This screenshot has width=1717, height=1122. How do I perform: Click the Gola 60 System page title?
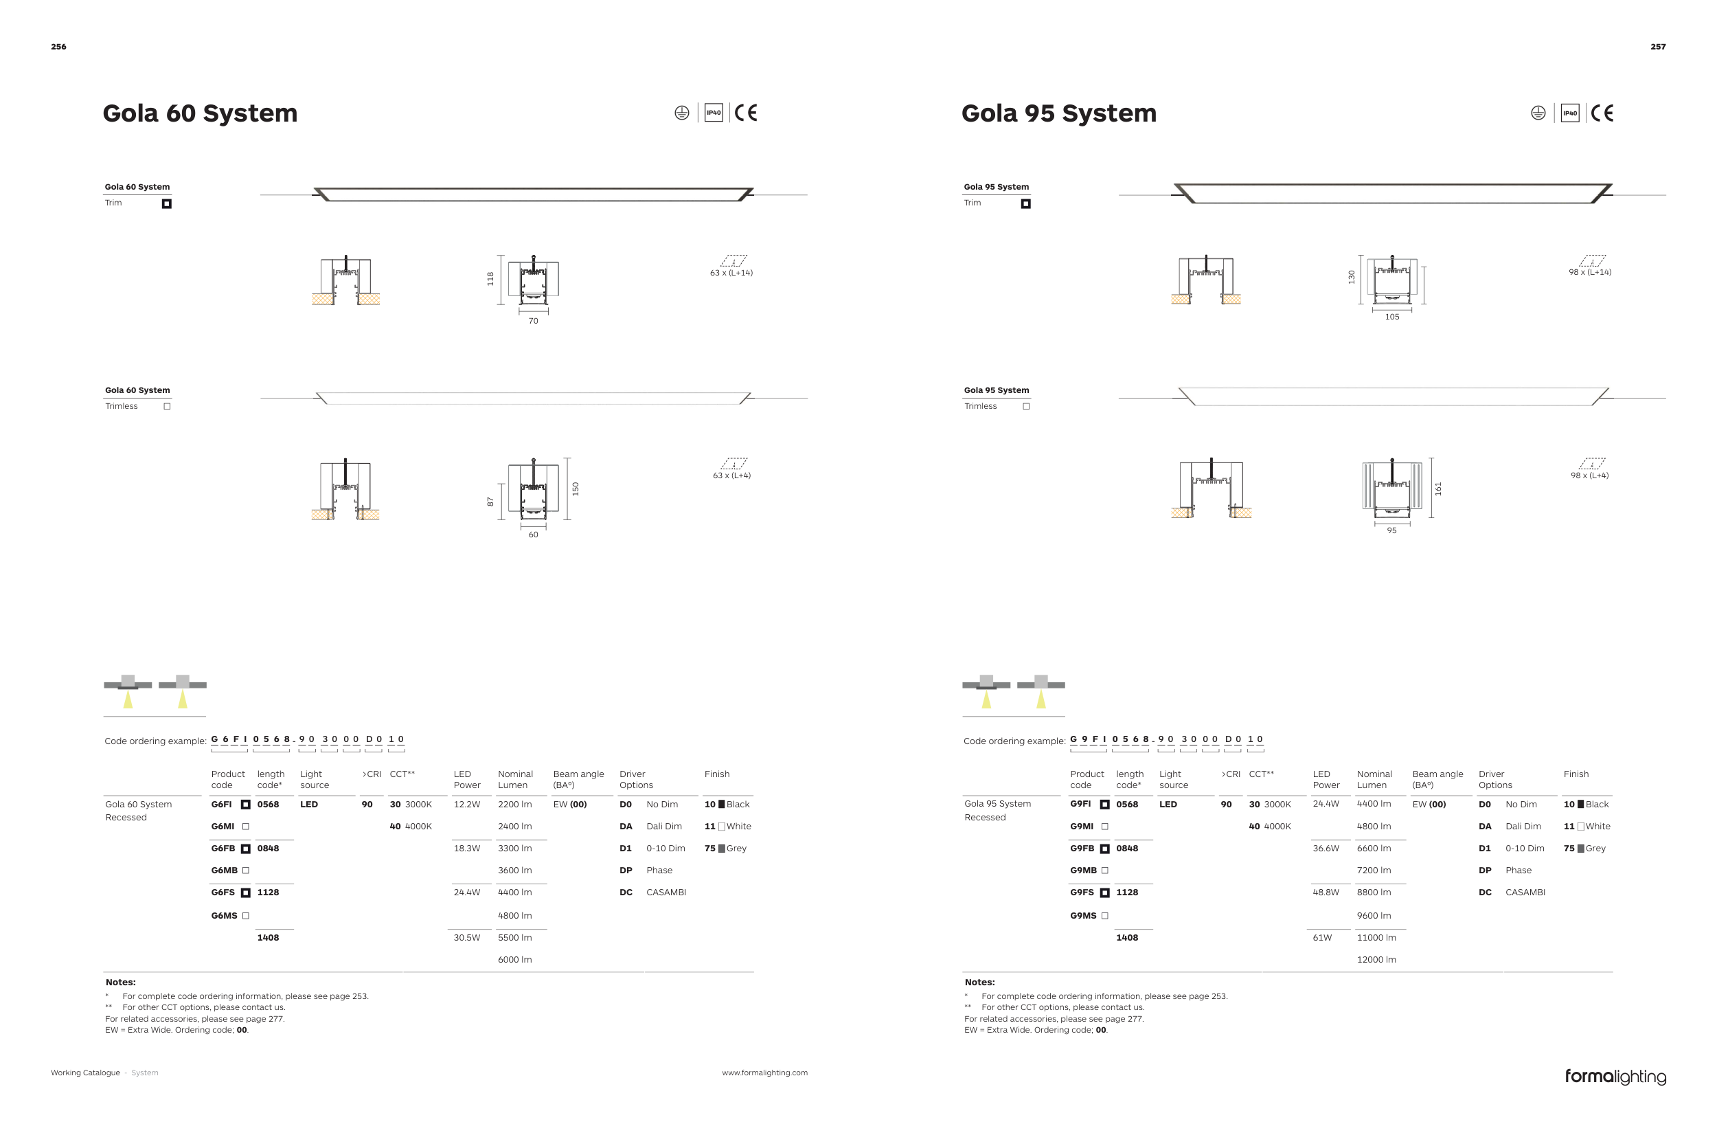point(200,113)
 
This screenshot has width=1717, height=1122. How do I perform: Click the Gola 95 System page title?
point(1058,113)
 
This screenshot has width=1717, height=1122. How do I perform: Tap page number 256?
point(58,47)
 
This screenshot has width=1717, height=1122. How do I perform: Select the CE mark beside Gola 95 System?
point(1602,113)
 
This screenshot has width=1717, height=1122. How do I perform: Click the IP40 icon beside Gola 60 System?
point(714,113)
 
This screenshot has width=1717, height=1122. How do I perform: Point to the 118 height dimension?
point(490,278)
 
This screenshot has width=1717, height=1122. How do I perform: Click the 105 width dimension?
point(1391,317)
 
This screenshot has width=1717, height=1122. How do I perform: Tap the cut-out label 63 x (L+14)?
point(731,273)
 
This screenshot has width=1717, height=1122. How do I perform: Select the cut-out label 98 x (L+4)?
point(1589,475)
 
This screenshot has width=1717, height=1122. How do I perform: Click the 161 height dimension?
point(1437,489)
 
